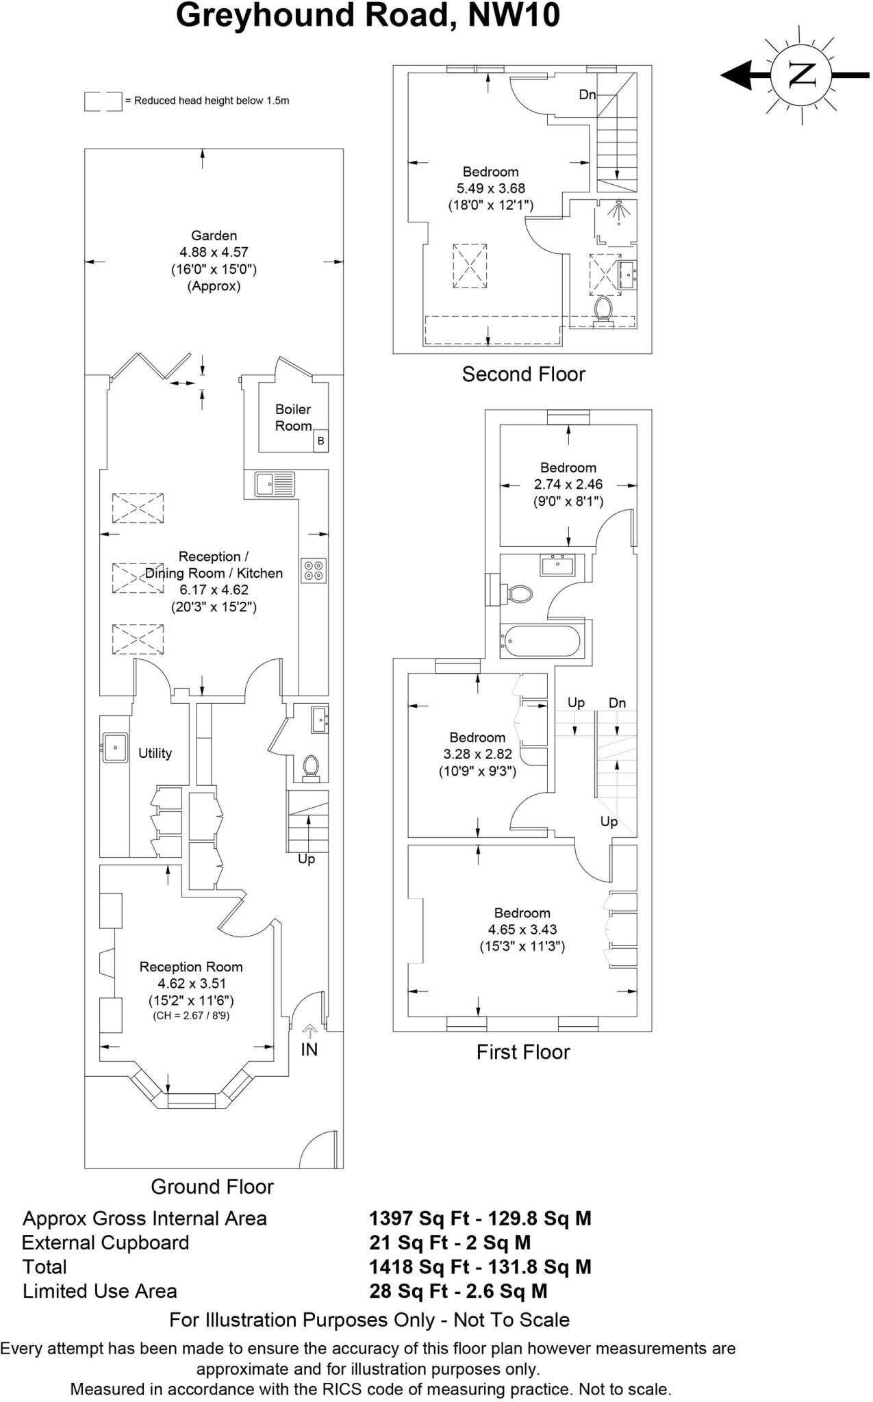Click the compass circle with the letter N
click(802, 75)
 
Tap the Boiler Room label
click(293, 418)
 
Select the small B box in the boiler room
click(320, 442)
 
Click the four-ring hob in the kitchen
click(314, 571)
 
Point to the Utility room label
click(155, 753)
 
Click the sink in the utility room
click(115, 747)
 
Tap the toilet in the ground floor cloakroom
click(311, 768)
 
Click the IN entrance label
click(309, 1049)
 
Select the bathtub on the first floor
click(542, 641)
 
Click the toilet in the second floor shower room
click(603, 309)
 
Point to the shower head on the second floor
click(619, 211)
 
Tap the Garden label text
click(214, 236)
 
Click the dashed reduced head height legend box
click(103, 101)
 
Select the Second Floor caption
click(523, 374)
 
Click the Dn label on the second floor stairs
click(587, 94)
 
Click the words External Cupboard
click(105, 1242)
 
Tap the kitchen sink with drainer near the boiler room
click(275, 484)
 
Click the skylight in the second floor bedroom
click(470, 266)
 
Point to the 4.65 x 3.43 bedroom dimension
click(522, 930)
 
